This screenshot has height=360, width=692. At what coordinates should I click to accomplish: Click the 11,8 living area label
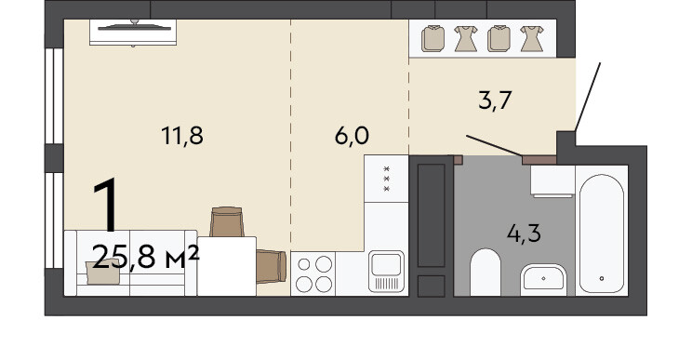tap(182, 136)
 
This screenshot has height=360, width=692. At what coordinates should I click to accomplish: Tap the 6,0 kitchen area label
tap(352, 136)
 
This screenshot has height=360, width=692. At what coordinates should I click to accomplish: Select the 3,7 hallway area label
tap(495, 100)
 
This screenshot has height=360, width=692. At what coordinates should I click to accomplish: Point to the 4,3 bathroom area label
tap(524, 233)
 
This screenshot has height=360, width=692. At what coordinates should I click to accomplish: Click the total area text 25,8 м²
tap(146, 258)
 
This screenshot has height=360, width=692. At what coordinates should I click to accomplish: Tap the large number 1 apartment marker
tap(106, 205)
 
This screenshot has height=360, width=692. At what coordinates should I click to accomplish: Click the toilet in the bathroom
tap(485, 273)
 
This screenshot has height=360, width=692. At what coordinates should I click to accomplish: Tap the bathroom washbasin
tap(543, 280)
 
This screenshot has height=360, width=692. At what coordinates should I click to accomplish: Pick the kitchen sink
tap(386, 272)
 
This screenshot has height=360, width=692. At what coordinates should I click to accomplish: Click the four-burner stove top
tap(313, 273)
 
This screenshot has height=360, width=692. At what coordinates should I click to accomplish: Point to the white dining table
tap(227, 266)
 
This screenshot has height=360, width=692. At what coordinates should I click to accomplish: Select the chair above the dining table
tap(227, 222)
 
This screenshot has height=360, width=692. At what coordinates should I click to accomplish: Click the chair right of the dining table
tap(272, 266)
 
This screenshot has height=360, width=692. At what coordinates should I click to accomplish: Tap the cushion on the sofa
tap(103, 272)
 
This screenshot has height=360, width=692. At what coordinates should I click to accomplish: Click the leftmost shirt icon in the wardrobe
tap(432, 39)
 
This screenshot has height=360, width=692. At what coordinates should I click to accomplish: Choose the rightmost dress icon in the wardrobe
tap(531, 39)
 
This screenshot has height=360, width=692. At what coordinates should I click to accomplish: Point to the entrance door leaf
tap(588, 97)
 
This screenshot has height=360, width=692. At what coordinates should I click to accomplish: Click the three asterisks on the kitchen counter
tap(387, 179)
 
